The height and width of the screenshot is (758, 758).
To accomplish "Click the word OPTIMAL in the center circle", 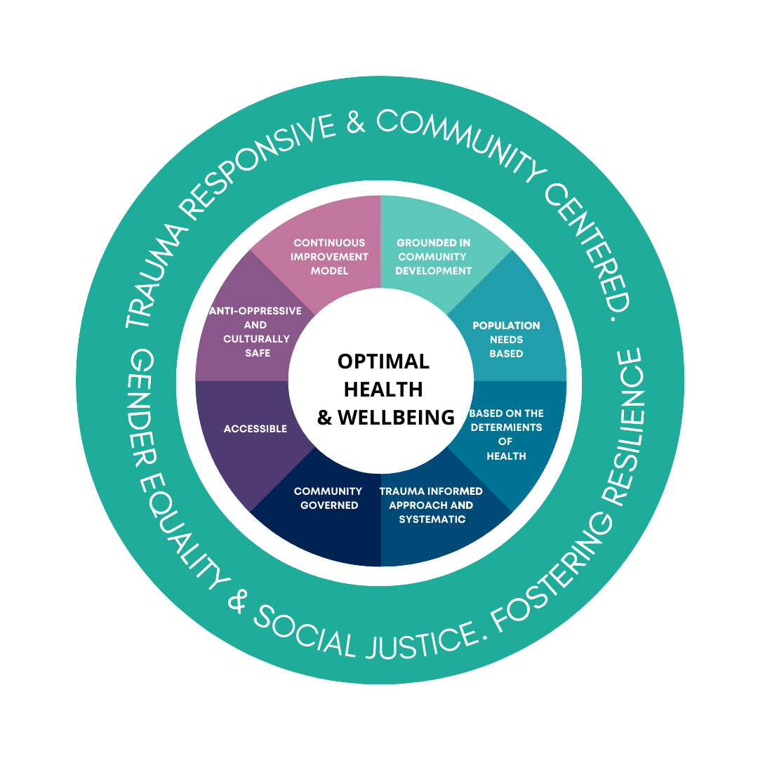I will [x=383, y=361].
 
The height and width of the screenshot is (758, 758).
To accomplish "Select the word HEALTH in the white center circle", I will [x=383, y=389].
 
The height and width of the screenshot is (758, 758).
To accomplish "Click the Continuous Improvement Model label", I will [x=329, y=257].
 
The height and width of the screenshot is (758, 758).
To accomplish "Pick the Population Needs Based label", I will [x=506, y=340].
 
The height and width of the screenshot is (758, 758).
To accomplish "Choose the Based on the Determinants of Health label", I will [x=506, y=434].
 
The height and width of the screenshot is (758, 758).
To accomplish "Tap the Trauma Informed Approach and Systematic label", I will [x=432, y=505].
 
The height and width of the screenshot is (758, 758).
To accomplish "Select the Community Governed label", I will [x=328, y=498].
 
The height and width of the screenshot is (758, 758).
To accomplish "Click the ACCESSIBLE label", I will [x=255, y=429].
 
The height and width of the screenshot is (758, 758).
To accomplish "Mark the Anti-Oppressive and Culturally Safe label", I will [x=256, y=332].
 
